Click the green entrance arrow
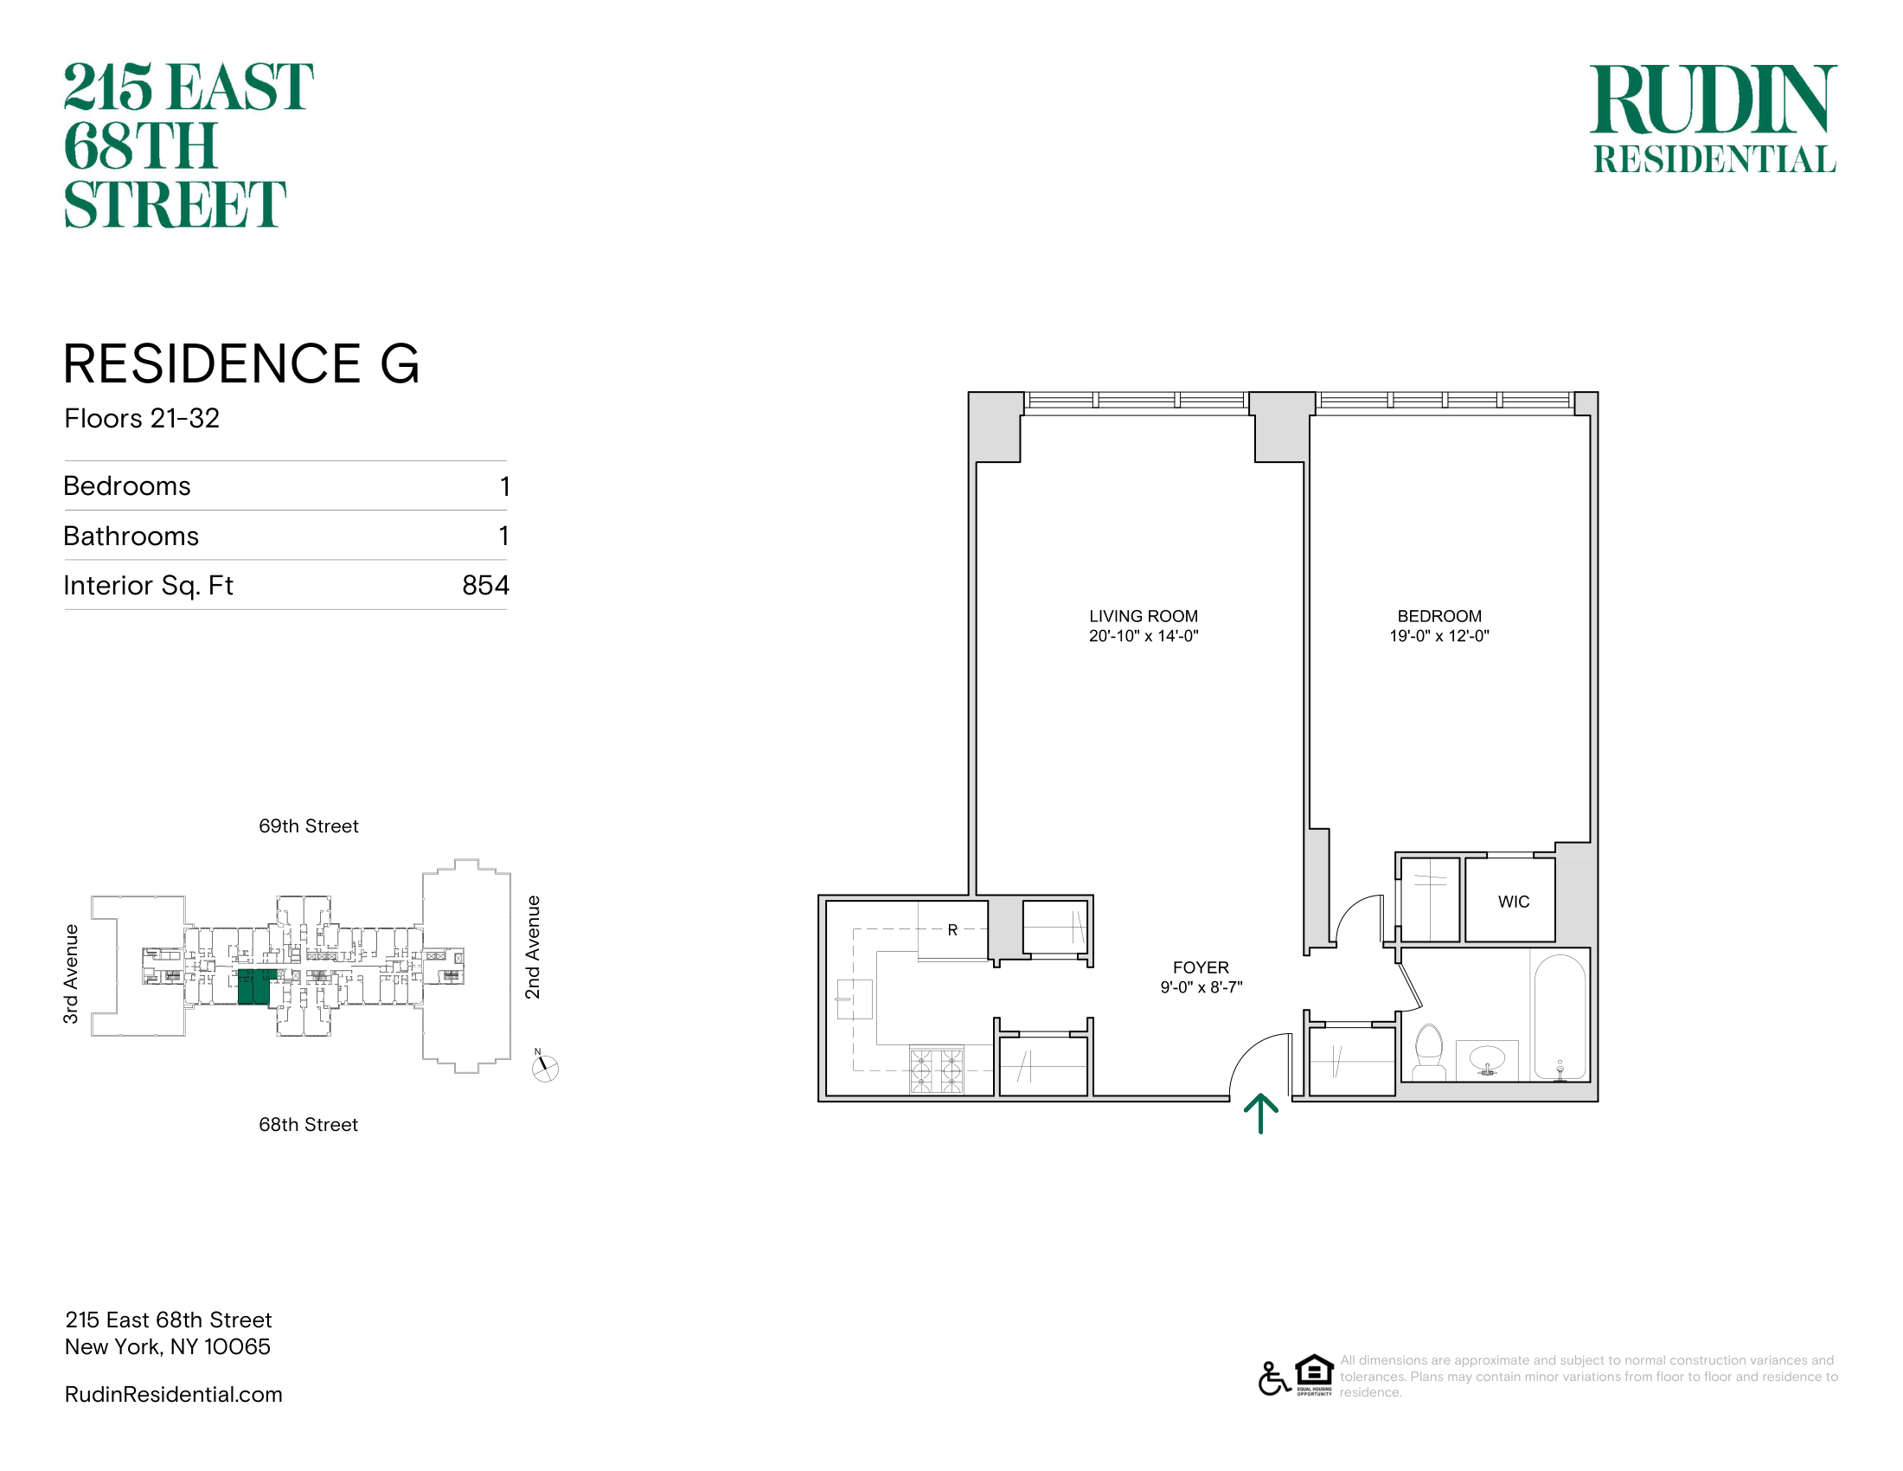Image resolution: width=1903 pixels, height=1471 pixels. tap(1261, 1114)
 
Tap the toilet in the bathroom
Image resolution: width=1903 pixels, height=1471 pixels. tap(1429, 1053)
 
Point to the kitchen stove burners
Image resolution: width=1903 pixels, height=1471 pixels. tap(937, 1070)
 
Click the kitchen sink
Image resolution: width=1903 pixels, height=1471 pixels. tap(854, 999)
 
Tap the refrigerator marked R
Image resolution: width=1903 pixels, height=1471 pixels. tap(952, 931)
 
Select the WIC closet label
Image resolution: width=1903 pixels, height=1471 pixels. tap(1514, 902)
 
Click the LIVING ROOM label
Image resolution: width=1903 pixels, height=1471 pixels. tap(1144, 616)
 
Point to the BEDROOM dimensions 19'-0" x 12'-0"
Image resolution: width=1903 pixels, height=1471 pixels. tap(1439, 636)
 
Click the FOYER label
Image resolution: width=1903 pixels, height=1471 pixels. tap(1201, 967)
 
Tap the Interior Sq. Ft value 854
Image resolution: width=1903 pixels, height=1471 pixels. tap(485, 585)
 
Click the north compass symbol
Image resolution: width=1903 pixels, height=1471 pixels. tap(545, 1067)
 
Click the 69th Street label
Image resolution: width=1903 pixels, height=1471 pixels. tap(309, 826)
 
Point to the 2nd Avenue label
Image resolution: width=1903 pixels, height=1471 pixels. tap(532, 947)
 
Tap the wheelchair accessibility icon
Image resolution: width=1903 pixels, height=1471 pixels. tap(1274, 1378)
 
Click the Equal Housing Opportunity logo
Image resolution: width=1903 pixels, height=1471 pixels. tap(1314, 1375)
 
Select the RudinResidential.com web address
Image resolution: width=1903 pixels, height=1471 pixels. tap(173, 1394)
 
